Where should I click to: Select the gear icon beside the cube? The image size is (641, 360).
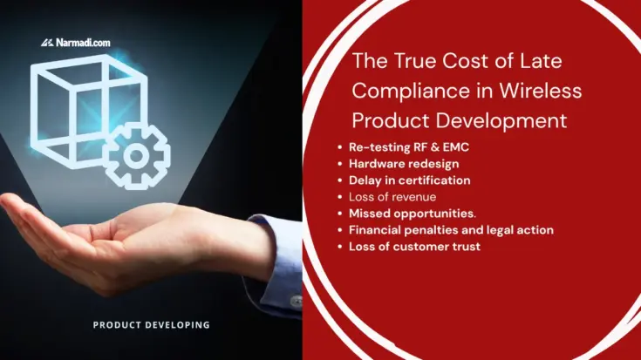click(137, 156)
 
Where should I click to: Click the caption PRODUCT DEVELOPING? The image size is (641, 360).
click(152, 325)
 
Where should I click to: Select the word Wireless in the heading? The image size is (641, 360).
click(542, 90)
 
